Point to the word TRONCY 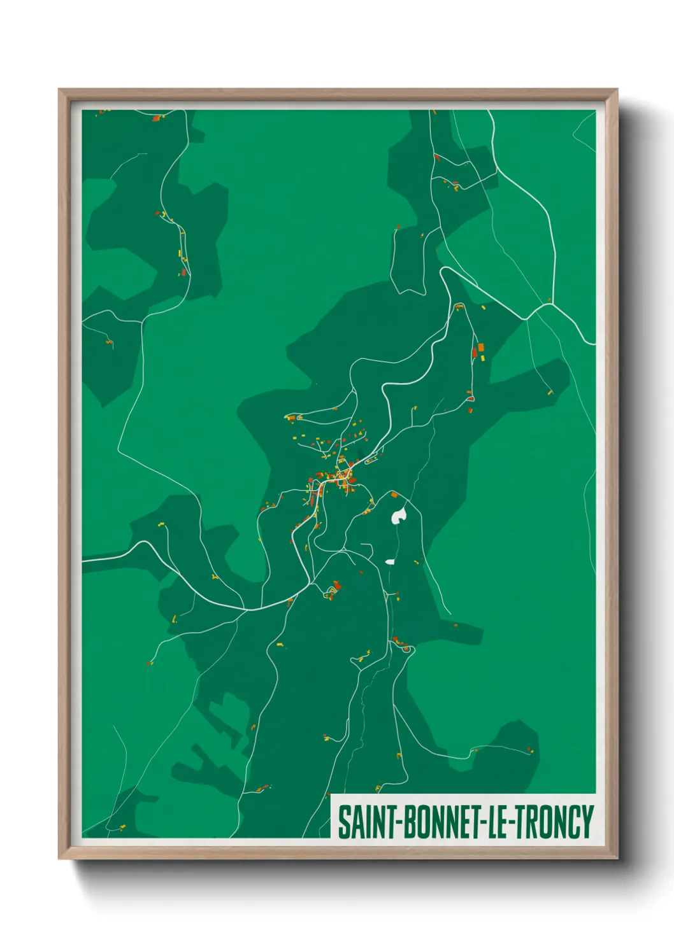coord(554,822)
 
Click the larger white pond coord(399,515)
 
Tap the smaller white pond coord(390,562)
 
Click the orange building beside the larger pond coord(394,495)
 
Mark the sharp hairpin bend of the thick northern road coord(444,271)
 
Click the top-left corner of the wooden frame coord(59,90)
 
